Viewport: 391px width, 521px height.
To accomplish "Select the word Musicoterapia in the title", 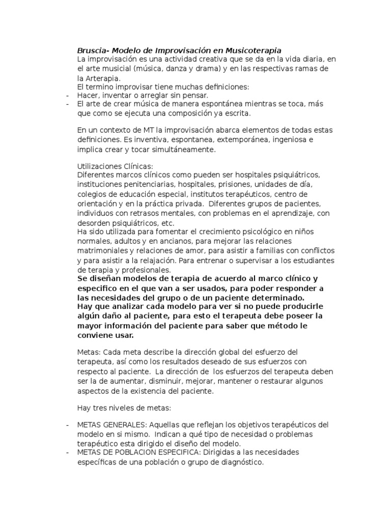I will click(252, 50).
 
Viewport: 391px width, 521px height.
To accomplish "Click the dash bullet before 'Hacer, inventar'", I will click(68, 95).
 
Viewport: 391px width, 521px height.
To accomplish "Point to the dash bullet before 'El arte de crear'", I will click(68, 104).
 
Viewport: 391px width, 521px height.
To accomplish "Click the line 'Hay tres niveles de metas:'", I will click(122, 408).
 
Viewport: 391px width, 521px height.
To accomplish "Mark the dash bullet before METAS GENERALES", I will click(68, 425).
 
